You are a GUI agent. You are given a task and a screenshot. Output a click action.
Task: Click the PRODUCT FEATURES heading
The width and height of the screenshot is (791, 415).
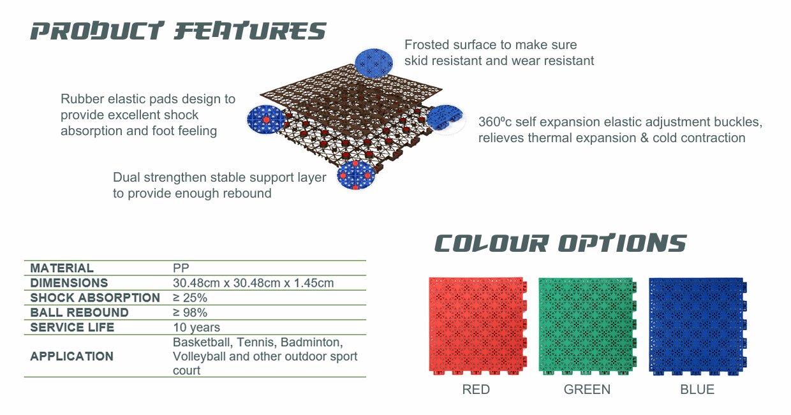click(x=179, y=31)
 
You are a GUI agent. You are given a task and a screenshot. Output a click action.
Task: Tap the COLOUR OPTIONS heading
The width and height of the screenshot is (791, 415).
click(x=561, y=243)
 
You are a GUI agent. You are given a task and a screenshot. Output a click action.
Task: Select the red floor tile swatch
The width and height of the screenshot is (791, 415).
click(x=478, y=326)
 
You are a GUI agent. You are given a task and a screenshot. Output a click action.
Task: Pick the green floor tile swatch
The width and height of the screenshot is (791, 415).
click(x=588, y=326)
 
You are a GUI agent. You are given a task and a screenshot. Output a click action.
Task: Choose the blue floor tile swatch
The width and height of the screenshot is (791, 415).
click(x=698, y=326)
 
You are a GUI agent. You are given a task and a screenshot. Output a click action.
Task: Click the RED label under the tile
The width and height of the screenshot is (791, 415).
click(x=476, y=390)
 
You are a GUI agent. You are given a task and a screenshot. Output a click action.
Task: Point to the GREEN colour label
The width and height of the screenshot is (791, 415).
click(x=587, y=390)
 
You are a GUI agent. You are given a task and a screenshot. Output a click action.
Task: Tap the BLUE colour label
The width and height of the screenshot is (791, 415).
click(x=697, y=390)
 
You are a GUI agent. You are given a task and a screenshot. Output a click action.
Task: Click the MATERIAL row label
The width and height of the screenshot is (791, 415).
click(x=62, y=268)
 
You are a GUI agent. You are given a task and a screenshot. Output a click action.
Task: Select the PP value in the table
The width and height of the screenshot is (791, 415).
click(x=181, y=268)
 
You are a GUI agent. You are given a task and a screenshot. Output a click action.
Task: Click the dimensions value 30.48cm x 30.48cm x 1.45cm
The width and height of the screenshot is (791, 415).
click(x=253, y=283)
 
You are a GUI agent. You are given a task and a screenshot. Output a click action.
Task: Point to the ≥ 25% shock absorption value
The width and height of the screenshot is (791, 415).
click(x=190, y=298)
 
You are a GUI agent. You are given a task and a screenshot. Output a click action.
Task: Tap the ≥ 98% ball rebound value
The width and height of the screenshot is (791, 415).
click(x=190, y=312)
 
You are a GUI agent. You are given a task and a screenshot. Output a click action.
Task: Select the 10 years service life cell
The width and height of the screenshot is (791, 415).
click(x=196, y=328)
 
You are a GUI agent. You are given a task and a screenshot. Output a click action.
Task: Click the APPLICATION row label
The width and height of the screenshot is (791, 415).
click(x=71, y=356)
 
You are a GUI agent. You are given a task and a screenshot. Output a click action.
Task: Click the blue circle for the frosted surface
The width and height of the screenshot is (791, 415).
click(x=374, y=63)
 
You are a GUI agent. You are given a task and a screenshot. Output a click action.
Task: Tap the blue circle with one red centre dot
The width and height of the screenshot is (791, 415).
click(x=266, y=119)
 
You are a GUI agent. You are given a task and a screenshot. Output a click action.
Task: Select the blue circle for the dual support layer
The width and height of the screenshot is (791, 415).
click(x=355, y=175)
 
